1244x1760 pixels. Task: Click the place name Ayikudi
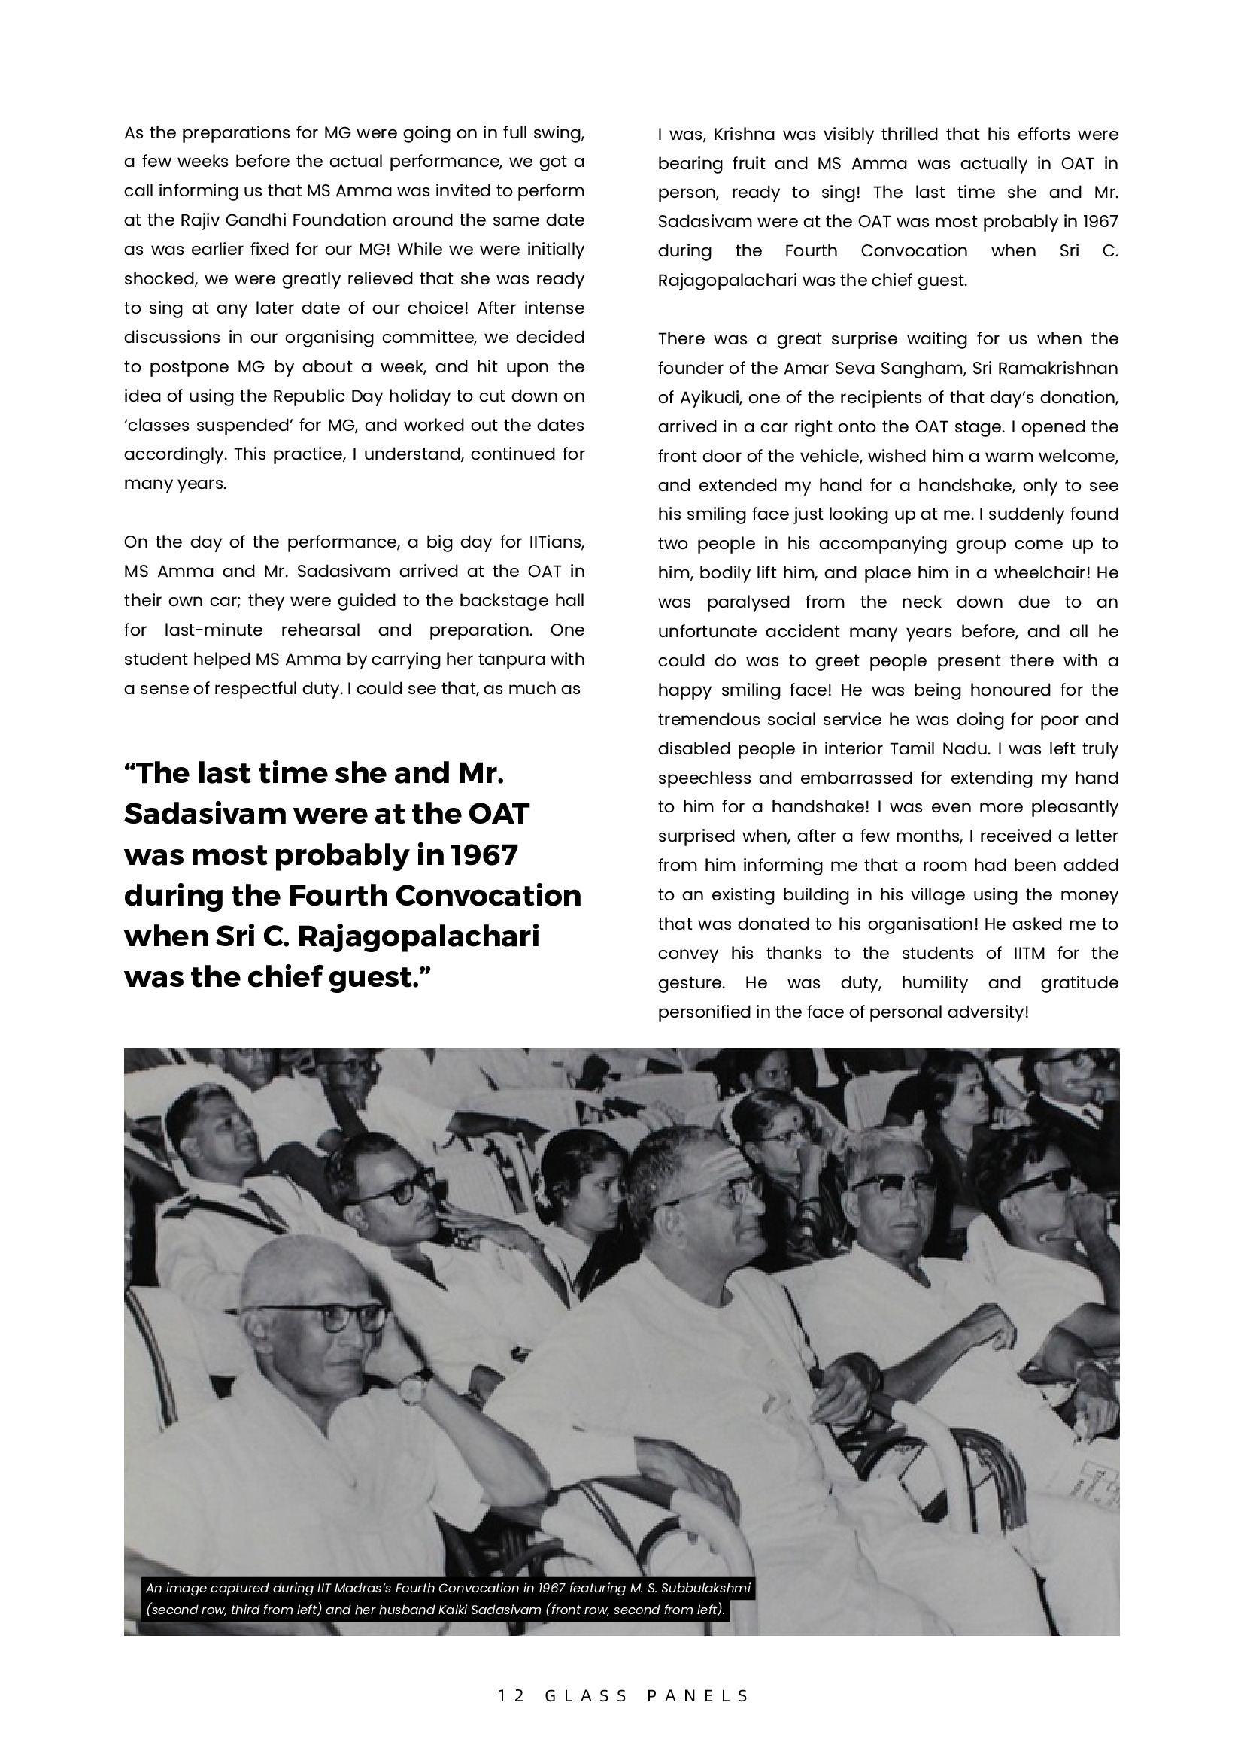click(707, 398)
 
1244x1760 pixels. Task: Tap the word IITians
click(557, 543)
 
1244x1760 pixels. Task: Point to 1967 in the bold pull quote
click(484, 854)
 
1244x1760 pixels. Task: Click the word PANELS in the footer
click(697, 1695)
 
